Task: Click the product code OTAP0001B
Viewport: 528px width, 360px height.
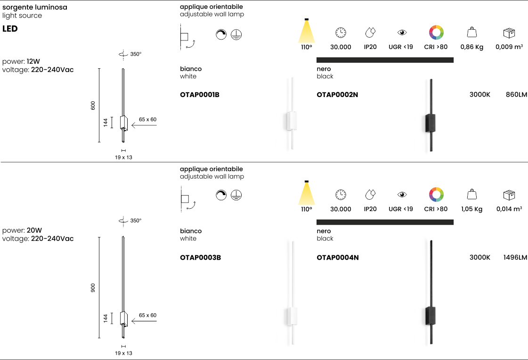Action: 200,95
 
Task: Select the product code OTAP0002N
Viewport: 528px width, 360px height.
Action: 337,95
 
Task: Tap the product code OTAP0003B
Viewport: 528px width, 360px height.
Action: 200,258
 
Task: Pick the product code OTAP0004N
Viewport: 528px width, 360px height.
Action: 338,258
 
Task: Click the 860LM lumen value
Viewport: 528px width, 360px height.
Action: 516,95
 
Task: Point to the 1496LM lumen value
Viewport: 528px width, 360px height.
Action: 514,258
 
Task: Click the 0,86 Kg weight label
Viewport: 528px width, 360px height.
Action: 472,48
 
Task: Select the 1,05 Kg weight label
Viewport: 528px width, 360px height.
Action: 472,209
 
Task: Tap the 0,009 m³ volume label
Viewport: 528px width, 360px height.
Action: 509,48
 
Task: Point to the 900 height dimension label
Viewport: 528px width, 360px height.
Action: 93,287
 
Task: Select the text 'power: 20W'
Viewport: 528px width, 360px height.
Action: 22,230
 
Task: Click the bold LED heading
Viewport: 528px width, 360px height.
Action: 10,29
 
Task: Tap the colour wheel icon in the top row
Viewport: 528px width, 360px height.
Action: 436,33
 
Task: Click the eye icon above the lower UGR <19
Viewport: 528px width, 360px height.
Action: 402,194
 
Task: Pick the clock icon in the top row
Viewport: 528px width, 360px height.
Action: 341,33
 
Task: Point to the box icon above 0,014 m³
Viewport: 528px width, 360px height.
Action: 509,194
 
